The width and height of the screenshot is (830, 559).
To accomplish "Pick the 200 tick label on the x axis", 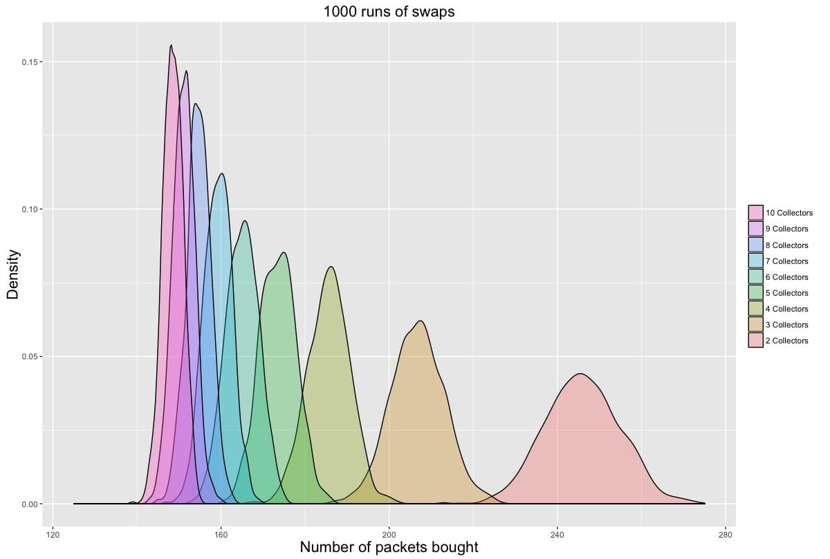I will pyautogui.click(x=389, y=534).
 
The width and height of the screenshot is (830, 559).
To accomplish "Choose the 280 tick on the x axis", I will pyautogui.click(x=726, y=534).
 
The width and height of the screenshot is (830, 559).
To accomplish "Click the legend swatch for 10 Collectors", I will pyautogui.click(x=755, y=213).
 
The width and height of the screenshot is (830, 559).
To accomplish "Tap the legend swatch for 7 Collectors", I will pyautogui.click(x=755, y=260).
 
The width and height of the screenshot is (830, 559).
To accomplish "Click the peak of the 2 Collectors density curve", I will pyautogui.click(x=580, y=374).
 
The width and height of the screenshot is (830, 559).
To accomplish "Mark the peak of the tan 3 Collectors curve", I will pyautogui.click(x=421, y=321).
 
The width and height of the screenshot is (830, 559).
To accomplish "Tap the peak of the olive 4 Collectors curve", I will pyautogui.click(x=331, y=267).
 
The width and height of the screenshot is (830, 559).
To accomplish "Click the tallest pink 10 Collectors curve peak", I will pyautogui.click(x=171, y=46).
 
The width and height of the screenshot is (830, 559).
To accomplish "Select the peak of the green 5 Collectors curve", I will pyautogui.click(x=284, y=253).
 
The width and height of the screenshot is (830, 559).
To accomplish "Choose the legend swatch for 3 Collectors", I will pyautogui.click(x=755, y=325).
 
